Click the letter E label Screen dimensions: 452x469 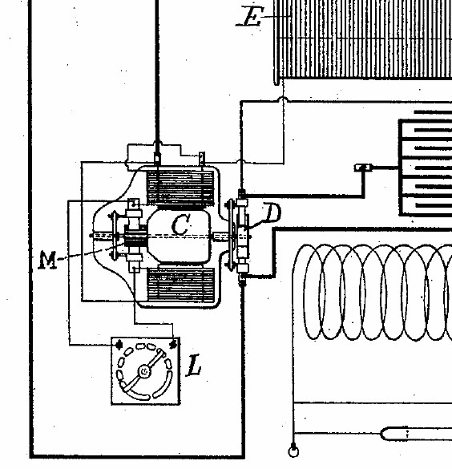(250, 17)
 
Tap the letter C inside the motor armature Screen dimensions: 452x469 (181, 224)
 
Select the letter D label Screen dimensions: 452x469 (272, 213)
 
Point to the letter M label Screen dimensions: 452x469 (48, 260)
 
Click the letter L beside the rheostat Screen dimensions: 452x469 (194, 365)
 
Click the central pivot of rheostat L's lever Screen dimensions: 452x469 (144, 371)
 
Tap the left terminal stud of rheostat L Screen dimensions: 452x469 (119, 345)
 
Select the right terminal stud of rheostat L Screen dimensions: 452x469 (172, 344)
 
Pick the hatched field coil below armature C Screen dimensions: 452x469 (181, 284)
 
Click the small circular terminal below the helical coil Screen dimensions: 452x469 (293, 451)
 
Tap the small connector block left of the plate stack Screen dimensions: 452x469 (363, 168)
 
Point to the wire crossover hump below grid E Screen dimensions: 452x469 (283, 99)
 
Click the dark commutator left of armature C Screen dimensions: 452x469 (135, 237)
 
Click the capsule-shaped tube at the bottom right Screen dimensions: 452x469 (416, 434)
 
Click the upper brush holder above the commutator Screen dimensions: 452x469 (134, 212)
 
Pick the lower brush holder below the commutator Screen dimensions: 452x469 (134, 261)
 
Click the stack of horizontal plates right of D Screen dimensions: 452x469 (426, 168)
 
